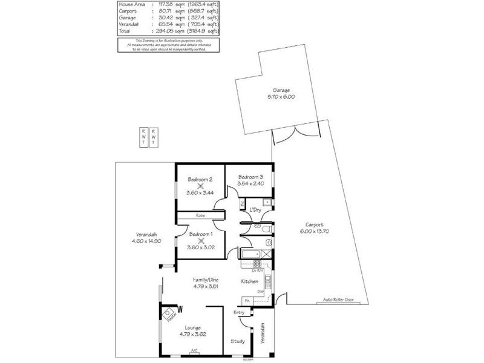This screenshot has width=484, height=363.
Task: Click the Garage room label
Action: tap(281, 90)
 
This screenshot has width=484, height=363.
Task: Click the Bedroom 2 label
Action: tap(200, 179)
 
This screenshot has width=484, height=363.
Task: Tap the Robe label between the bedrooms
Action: tap(200, 215)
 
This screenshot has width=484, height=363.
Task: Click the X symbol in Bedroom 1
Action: tap(200, 241)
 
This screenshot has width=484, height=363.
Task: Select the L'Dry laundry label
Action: tap(255, 209)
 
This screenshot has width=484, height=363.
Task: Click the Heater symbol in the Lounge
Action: tap(168, 315)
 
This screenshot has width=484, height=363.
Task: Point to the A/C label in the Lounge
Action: tap(194, 350)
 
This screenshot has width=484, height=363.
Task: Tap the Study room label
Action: tap(238, 341)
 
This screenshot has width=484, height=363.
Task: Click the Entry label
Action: tap(240, 312)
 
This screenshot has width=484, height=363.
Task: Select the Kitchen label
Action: tap(250, 282)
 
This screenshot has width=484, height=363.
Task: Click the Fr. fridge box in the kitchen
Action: tap(247, 300)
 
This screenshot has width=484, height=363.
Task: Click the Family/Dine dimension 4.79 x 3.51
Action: tap(205, 286)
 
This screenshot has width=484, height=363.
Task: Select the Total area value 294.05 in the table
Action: tap(148, 30)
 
